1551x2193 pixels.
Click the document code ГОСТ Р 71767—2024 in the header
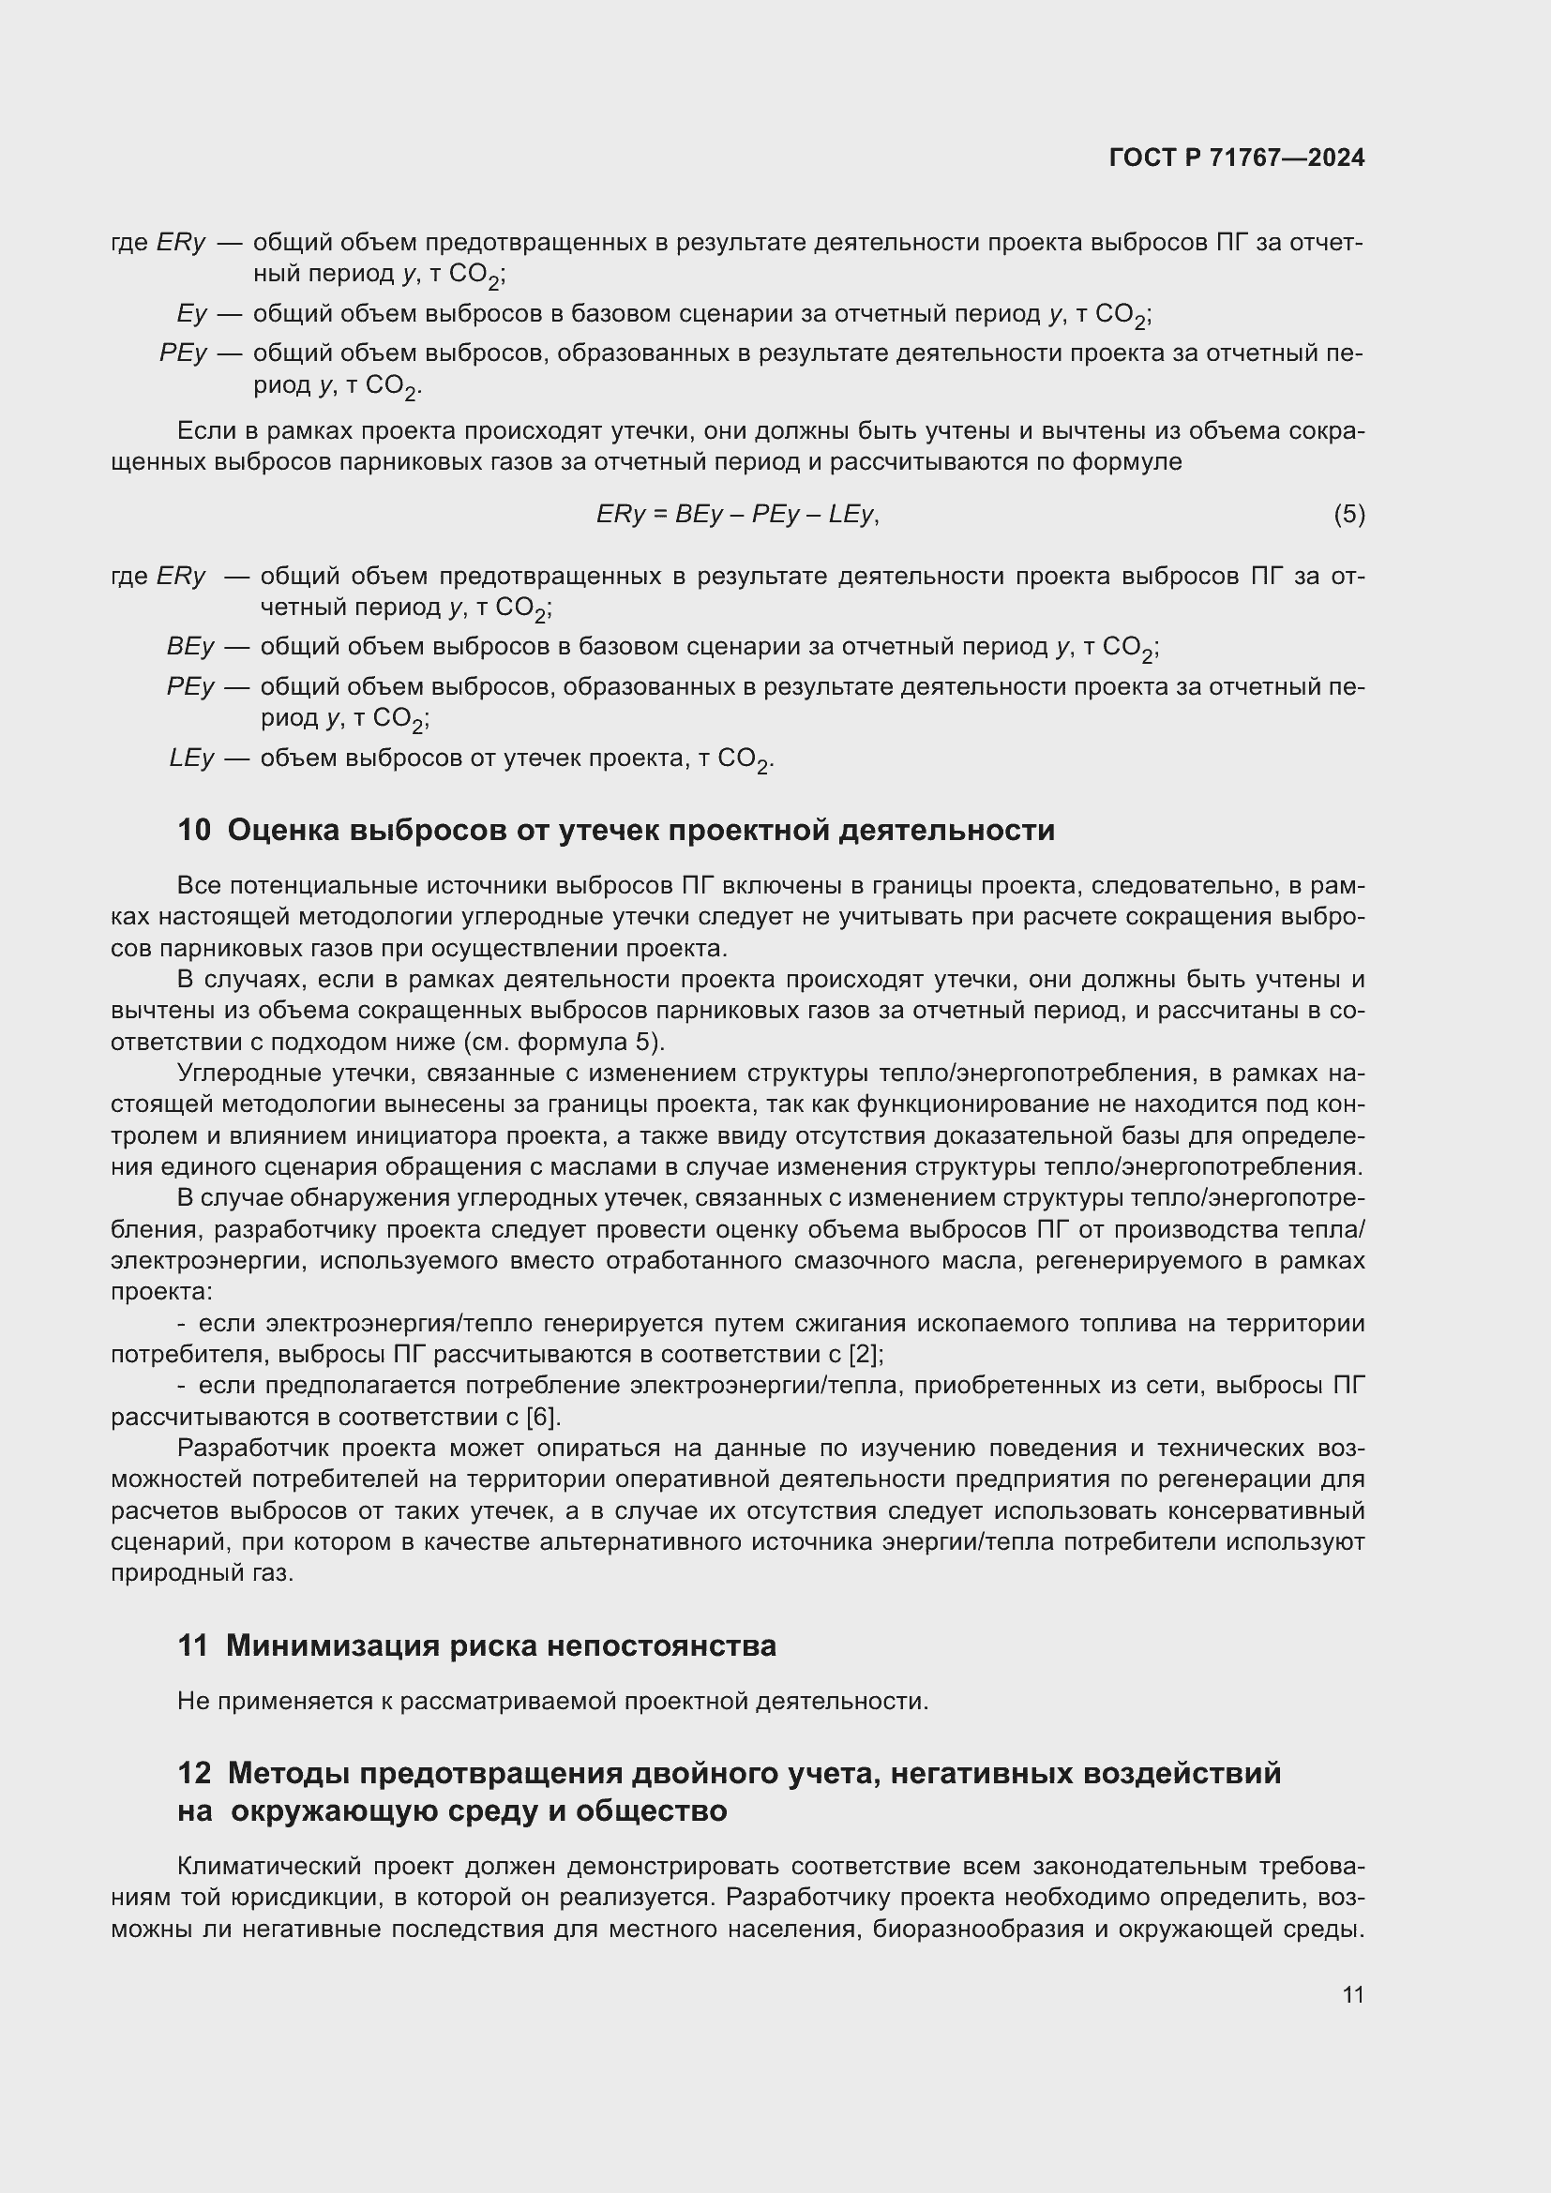coord(1236,158)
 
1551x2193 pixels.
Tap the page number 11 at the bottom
coord(1352,1994)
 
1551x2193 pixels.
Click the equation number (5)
coord(1348,515)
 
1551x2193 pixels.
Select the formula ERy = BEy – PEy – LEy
coord(736,515)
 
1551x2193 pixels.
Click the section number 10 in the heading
coord(194,830)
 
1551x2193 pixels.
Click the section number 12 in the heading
coord(194,1773)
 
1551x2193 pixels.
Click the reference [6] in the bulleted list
coord(544,1417)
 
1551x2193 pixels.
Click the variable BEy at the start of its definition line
coord(190,647)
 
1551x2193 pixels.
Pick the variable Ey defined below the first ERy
coord(191,313)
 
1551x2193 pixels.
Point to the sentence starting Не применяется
coord(552,1701)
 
